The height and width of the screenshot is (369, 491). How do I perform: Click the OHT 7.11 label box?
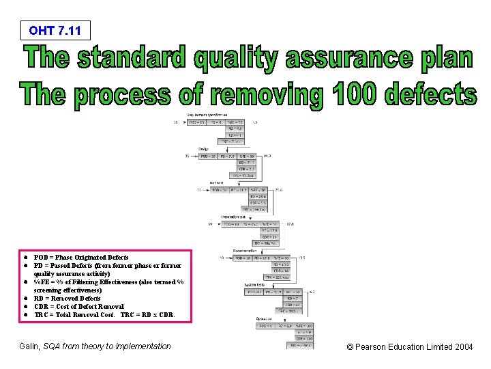(55, 30)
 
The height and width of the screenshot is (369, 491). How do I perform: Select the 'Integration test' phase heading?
(234, 217)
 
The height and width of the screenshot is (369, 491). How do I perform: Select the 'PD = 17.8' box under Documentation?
(261, 258)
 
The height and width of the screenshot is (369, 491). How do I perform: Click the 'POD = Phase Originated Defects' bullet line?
(80, 258)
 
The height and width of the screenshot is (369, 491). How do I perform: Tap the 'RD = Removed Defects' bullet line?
(67, 299)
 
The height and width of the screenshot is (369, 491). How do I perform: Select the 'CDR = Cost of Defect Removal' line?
(78, 307)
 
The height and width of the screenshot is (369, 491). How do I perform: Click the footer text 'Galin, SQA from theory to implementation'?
(95, 346)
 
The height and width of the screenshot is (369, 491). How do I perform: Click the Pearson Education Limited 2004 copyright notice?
(409, 347)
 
